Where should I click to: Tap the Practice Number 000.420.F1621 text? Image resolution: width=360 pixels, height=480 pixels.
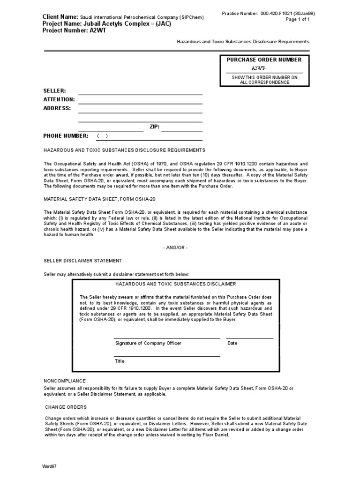point(268,14)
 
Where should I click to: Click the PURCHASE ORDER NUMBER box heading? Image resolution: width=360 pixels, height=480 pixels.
point(264,60)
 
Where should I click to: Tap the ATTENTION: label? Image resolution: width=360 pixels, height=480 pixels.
point(59,99)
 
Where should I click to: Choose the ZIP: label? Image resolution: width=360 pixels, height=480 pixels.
point(155,127)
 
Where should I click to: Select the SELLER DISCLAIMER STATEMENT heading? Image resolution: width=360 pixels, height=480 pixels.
point(82,261)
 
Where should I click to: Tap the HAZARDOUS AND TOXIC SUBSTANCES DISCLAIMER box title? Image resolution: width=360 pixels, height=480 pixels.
point(176,284)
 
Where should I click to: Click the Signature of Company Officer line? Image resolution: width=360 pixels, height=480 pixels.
point(167,337)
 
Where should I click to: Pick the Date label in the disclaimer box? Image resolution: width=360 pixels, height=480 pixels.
point(232,343)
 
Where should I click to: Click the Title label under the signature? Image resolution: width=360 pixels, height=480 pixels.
point(120,361)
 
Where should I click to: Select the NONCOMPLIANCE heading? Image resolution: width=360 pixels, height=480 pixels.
point(65,381)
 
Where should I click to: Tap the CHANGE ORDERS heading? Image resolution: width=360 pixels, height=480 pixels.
point(66,407)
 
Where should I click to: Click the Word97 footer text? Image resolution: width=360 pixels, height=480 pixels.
point(49,467)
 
